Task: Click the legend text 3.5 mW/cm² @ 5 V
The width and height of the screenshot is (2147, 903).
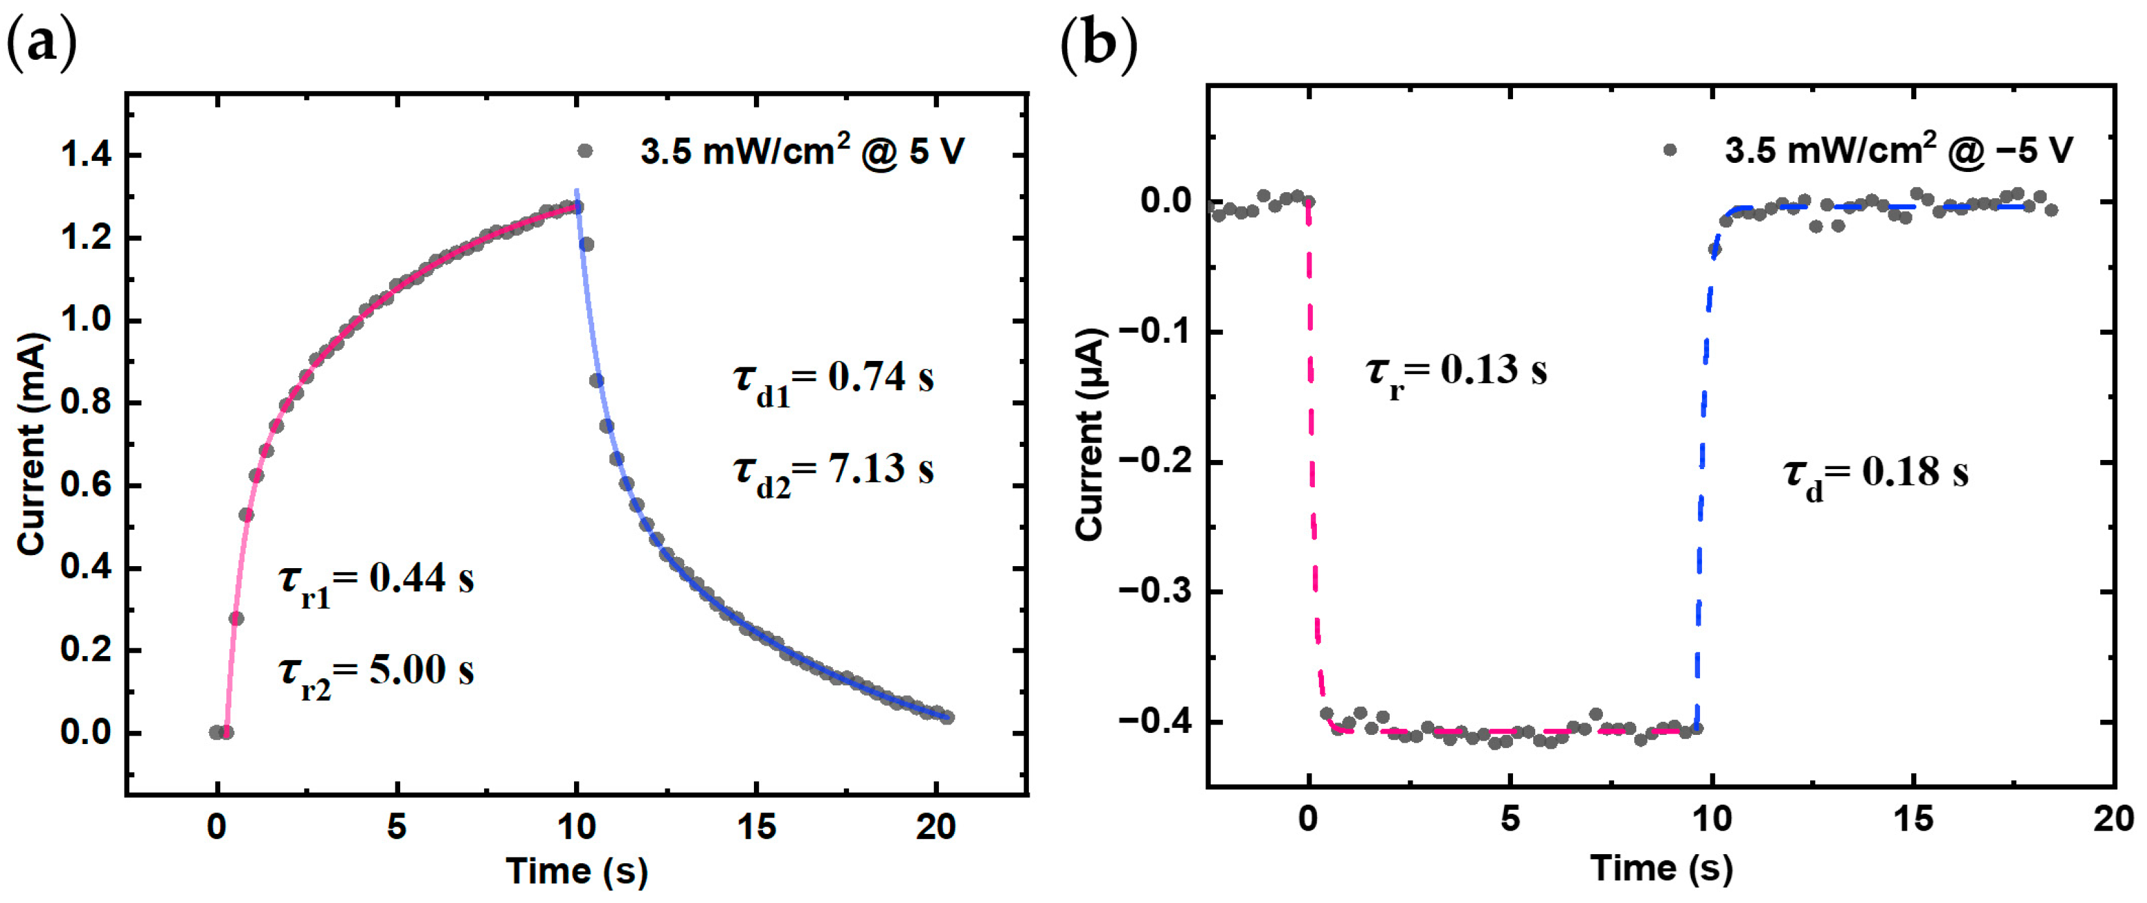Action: point(802,152)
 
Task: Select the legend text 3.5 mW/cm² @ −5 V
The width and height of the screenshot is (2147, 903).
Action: point(1899,150)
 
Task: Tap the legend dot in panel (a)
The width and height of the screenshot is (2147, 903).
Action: point(585,150)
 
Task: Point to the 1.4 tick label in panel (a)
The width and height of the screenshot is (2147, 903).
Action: point(86,155)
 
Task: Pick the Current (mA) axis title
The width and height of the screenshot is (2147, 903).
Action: point(32,443)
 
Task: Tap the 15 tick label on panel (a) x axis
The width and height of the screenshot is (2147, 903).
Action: point(756,827)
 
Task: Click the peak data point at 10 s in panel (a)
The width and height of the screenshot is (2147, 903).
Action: point(576,207)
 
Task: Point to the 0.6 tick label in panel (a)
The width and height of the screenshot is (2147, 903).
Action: point(86,485)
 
